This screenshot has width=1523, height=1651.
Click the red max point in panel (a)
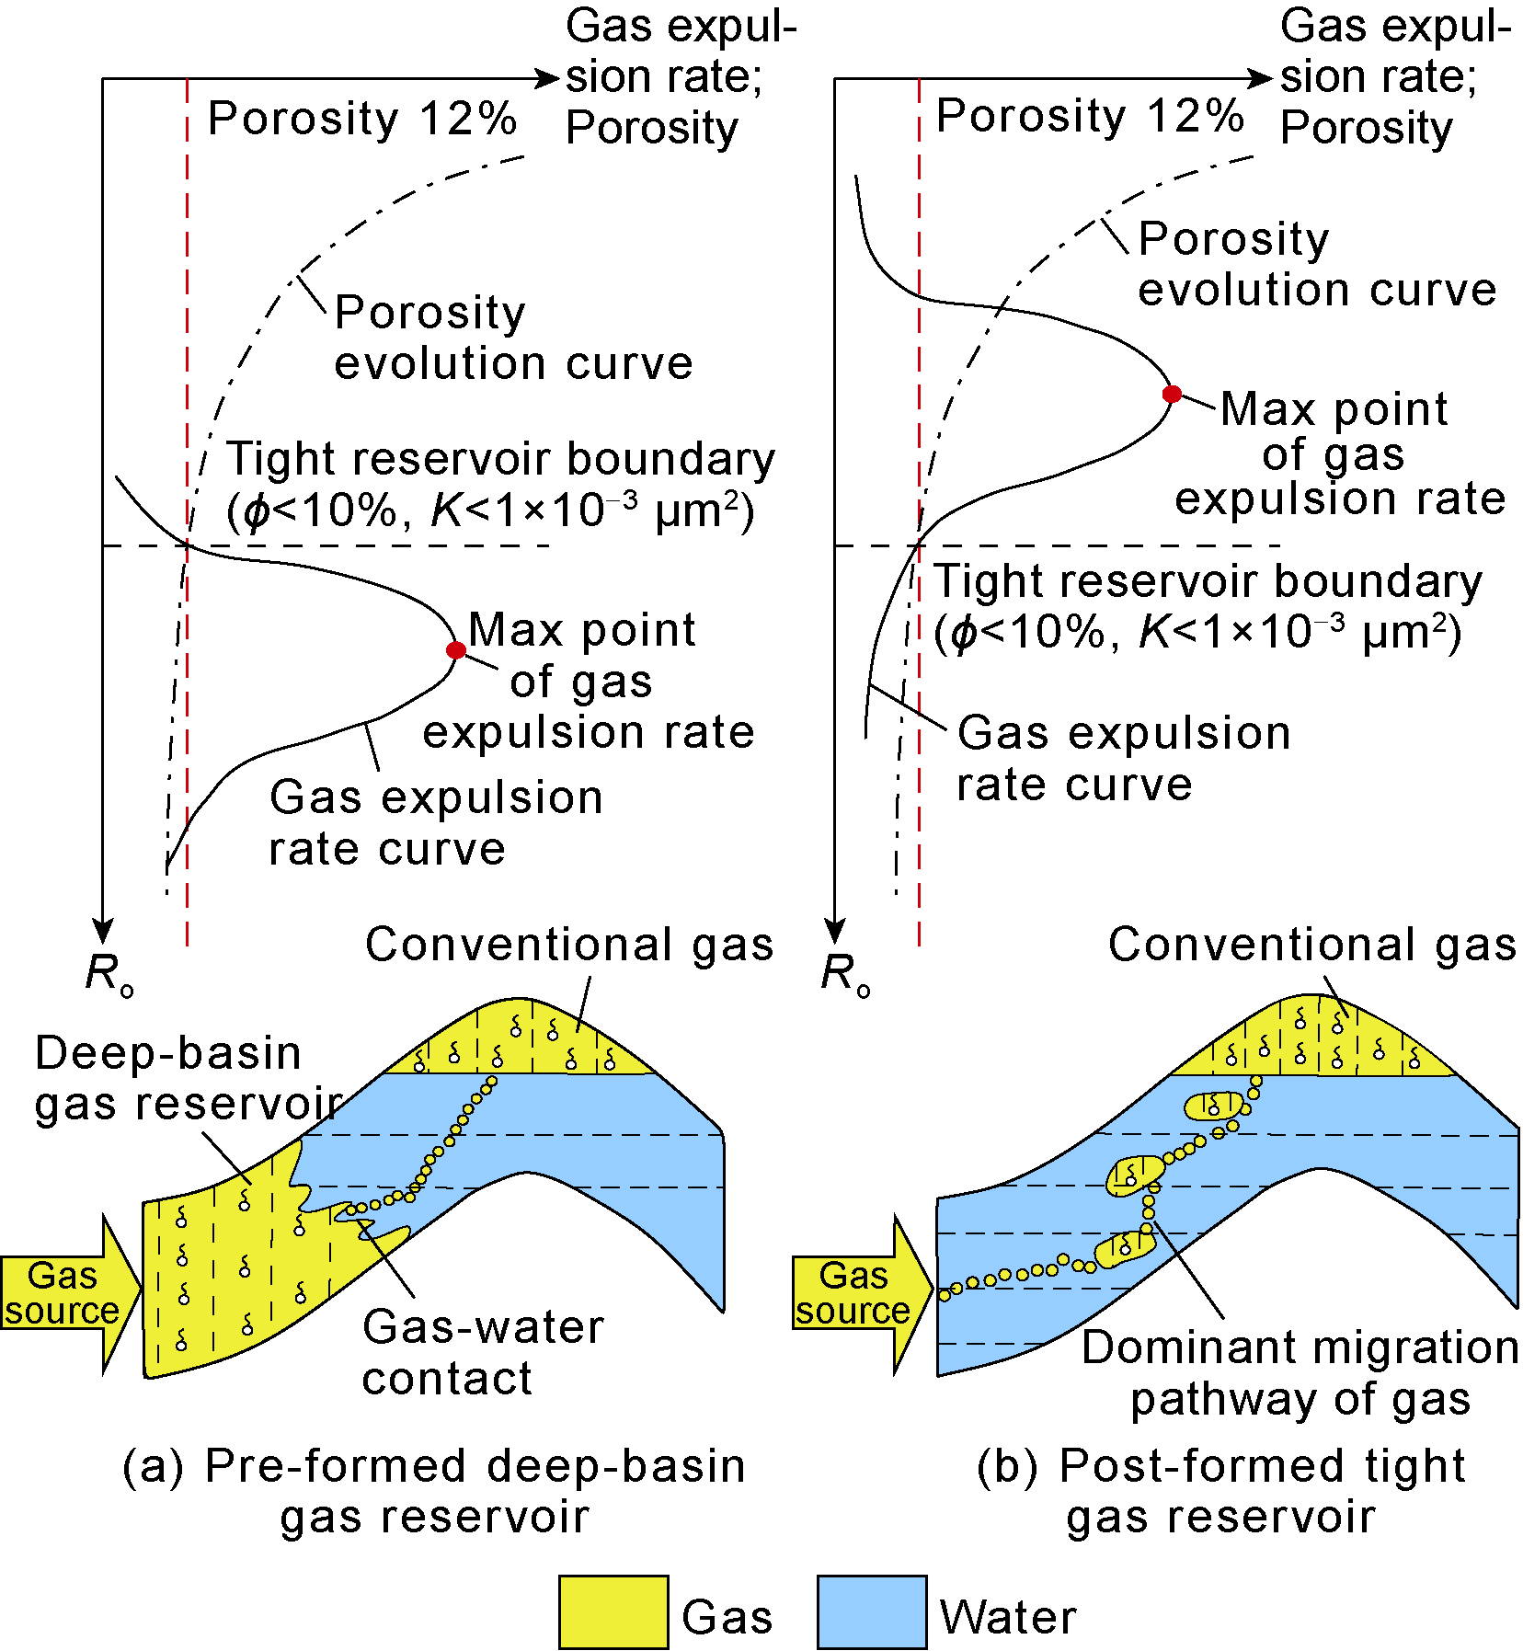pos(455,650)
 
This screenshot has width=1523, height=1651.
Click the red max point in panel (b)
pos(1172,394)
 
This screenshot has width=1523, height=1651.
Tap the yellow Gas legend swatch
pos(613,1612)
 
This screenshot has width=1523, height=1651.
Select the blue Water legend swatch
pos(871,1612)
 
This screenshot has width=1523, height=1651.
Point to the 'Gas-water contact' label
pos(483,1352)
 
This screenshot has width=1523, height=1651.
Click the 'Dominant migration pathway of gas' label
pos(1300,1373)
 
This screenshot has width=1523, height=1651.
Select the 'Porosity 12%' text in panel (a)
pos(362,119)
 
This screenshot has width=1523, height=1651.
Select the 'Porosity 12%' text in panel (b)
pos(1090,117)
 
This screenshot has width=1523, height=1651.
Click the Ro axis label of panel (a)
pos(109,973)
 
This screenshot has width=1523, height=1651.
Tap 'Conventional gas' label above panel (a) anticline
pos(569,945)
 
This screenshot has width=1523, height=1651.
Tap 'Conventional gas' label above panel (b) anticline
pos(1311,945)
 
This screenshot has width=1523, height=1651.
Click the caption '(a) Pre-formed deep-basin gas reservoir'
pos(434,1491)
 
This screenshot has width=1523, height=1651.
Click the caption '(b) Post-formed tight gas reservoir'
pos(1221,1491)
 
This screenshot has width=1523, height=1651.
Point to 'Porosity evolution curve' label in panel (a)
pos(512,338)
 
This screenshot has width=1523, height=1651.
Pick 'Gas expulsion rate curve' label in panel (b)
pos(1122,759)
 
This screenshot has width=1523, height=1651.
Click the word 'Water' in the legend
pos(1007,1617)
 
